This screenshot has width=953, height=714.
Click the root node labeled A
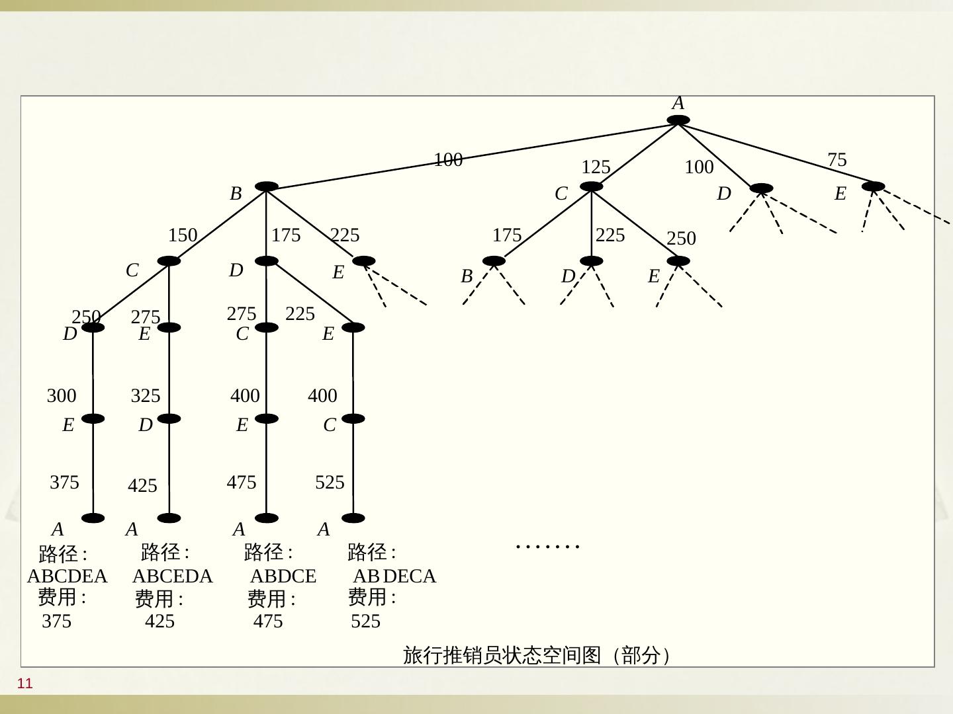(x=678, y=120)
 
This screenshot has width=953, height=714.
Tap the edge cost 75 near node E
(x=837, y=160)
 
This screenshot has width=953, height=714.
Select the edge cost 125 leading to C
(x=596, y=167)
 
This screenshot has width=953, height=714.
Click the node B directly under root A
(x=266, y=187)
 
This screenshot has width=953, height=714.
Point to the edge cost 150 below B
(x=183, y=235)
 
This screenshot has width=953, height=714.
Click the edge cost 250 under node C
(x=681, y=239)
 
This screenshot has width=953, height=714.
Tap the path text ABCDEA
(x=67, y=576)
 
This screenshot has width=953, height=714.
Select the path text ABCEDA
(x=173, y=576)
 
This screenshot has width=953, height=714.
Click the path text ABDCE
(x=283, y=576)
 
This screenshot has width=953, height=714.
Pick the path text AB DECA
(x=394, y=576)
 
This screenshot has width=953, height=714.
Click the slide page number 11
(x=25, y=684)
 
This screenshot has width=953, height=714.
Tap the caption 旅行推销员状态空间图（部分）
(x=537, y=655)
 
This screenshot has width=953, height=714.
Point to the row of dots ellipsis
(x=547, y=547)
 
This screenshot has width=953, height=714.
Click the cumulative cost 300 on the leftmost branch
(x=62, y=396)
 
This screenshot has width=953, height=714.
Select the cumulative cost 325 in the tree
(x=146, y=396)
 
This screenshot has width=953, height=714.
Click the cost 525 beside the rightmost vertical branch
(x=330, y=483)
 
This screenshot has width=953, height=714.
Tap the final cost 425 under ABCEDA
(x=159, y=621)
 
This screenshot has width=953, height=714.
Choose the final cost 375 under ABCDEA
(x=56, y=621)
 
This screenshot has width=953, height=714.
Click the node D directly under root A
(x=761, y=188)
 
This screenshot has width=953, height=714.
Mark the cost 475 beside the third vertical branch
(x=241, y=483)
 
